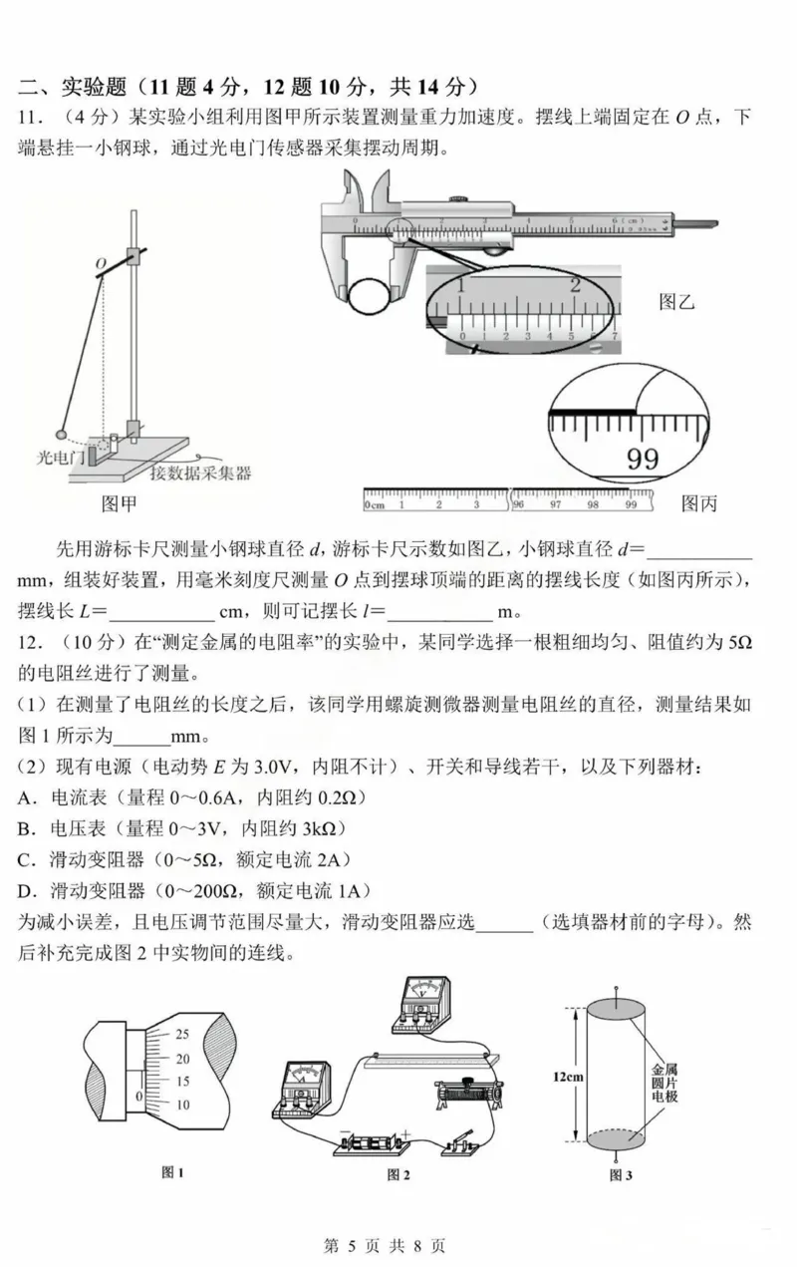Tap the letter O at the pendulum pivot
point(101,263)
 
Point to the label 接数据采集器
point(200,472)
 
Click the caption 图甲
point(120,503)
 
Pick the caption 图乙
point(676,301)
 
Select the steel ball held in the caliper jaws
point(370,295)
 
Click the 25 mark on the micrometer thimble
point(182,1033)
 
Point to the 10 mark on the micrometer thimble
point(182,1104)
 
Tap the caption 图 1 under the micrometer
point(173,1172)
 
